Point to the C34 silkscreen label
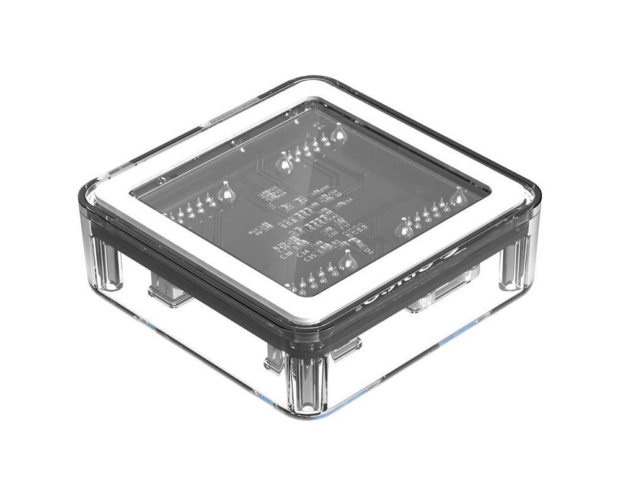(x=303, y=254)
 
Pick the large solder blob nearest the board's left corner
(x=227, y=194)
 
